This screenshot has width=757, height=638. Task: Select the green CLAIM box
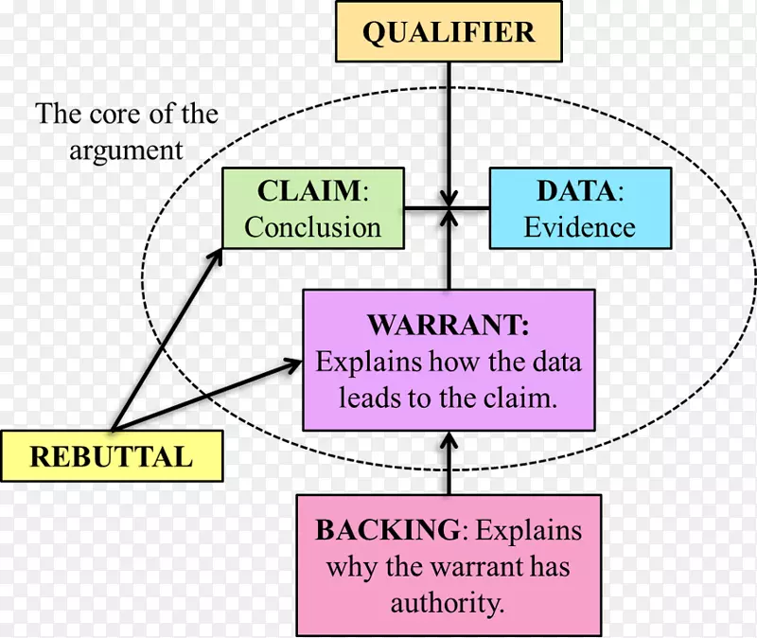click(312, 208)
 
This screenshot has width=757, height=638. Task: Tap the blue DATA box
click(580, 208)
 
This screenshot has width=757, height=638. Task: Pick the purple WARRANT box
click(449, 361)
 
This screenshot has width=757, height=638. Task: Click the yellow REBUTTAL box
click(112, 456)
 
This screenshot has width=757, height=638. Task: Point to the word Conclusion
click(312, 227)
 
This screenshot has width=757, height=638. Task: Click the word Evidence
click(580, 227)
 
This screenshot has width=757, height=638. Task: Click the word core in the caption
click(113, 115)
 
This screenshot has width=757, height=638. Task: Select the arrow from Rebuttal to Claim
click(166, 340)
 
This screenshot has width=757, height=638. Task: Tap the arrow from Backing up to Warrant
click(449, 464)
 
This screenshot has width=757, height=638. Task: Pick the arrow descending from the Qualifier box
click(449, 123)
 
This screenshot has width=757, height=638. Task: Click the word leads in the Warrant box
click(351, 398)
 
